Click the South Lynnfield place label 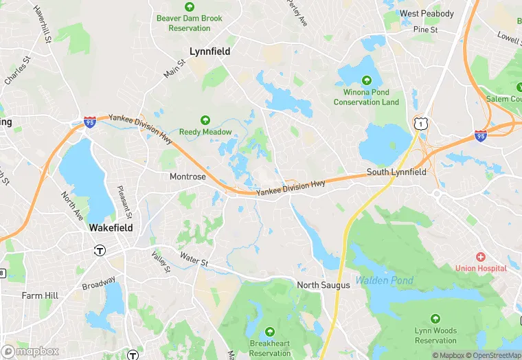coord(396,172)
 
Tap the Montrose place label coord(188,177)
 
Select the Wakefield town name coord(111,227)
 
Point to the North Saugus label coord(323,285)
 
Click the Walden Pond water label coord(384,280)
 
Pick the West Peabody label coord(427,14)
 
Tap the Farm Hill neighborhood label coord(40,296)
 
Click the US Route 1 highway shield coord(420,123)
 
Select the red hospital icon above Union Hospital coord(480,256)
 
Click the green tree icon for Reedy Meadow coord(205,120)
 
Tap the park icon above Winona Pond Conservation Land coord(366,80)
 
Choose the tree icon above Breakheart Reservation coord(269,332)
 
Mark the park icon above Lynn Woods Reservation coord(435,319)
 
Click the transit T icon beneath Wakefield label coord(100,251)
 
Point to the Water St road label coord(194,257)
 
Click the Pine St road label coord(426,30)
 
